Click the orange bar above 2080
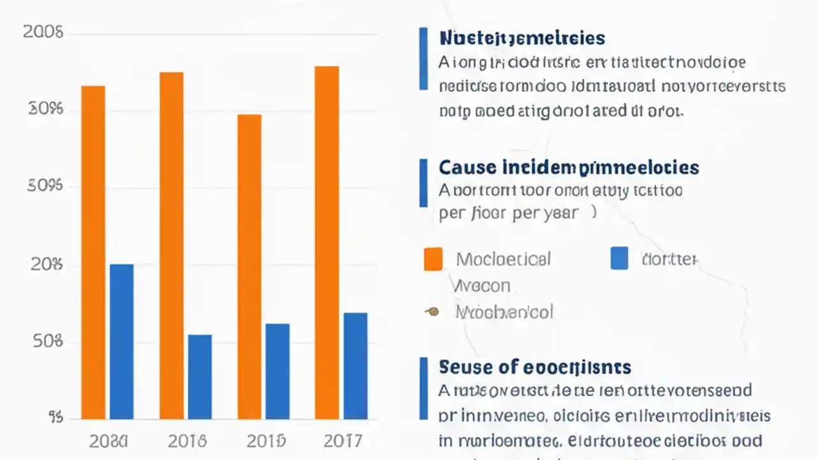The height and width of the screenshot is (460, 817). point(93,252)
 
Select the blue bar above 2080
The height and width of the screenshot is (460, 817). point(122,341)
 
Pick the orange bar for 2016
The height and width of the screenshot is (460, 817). point(171,245)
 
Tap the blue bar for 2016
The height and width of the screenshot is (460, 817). point(200,376)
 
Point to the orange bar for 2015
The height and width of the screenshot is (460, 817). point(250,266)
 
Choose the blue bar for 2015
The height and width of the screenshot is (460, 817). point(278,371)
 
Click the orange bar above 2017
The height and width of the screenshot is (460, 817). point(327,242)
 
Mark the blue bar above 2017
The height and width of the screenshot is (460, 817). point(356,365)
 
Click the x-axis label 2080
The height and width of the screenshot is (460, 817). point(108,440)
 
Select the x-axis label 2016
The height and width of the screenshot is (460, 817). point(187,440)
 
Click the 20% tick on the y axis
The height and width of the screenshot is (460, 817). point(47,264)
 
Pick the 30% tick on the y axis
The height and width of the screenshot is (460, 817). point(47,109)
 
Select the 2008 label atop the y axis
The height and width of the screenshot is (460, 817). point(43,32)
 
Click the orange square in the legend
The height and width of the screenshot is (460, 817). point(433,259)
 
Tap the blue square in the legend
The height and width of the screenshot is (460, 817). point(619,258)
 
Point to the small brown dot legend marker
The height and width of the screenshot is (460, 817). point(432,312)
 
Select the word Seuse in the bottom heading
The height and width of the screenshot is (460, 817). point(467,367)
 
